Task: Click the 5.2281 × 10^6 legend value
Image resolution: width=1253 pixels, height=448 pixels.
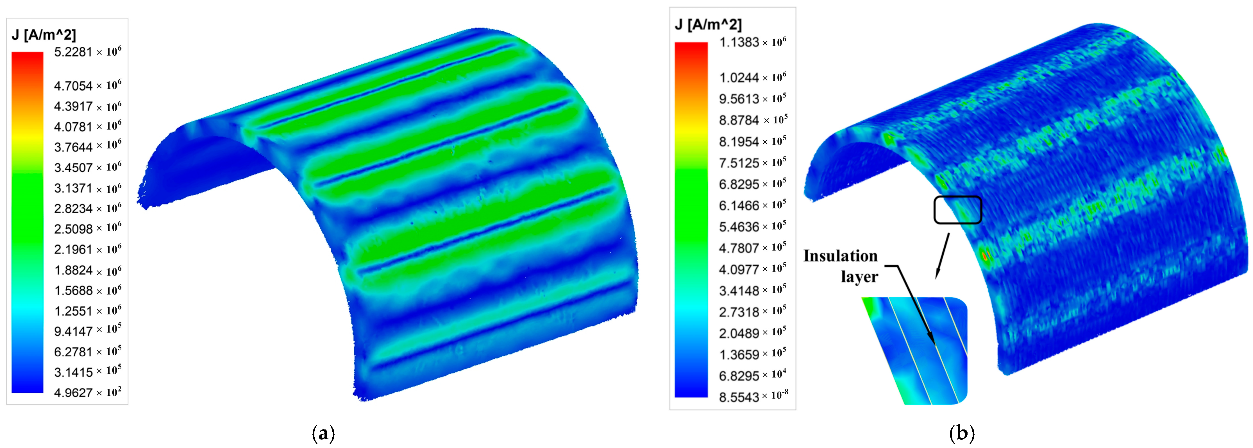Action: point(88,51)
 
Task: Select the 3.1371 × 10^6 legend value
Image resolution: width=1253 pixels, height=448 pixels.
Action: point(88,188)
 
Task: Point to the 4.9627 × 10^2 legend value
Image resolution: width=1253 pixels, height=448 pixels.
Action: point(88,392)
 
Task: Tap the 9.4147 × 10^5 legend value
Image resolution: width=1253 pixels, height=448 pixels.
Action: point(88,331)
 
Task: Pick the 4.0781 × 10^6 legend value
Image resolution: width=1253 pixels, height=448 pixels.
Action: point(88,126)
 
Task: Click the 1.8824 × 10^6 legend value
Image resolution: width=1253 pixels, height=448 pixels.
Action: point(88,270)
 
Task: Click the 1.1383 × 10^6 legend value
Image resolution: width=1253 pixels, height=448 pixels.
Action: point(752,42)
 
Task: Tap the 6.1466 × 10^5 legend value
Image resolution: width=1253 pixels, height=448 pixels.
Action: point(752,205)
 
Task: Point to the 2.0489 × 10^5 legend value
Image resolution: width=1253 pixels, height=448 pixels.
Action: point(752,333)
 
